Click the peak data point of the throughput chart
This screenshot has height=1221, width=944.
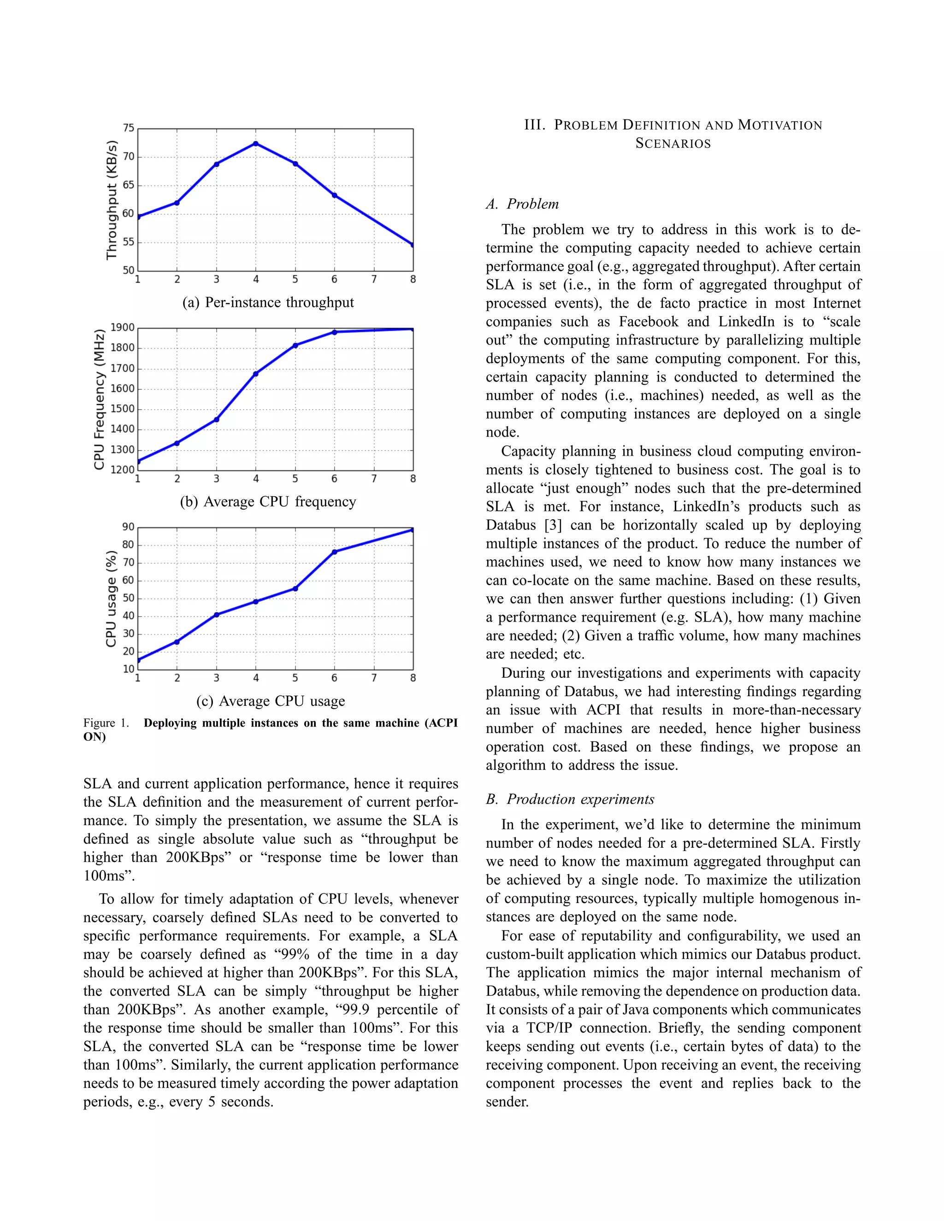(x=255, y=144)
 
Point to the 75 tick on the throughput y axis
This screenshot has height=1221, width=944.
(x=129, y=129)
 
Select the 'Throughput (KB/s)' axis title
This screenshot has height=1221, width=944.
(x=112, y=200)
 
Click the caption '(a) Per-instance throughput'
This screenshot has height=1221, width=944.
(x=268, y=302)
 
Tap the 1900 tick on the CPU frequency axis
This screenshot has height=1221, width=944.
(x=123, y=328)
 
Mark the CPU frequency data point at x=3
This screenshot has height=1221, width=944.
(x=217, y=419)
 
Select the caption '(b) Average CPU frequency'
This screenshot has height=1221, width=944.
(x=268, y=501)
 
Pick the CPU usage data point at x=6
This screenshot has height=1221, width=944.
(x=335, y=552)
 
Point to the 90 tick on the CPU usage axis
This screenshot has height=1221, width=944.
(x=129, y=527)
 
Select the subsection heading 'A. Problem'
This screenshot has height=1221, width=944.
(x=522, y=204)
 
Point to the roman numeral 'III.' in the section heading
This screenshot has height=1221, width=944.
(x=535, y=125)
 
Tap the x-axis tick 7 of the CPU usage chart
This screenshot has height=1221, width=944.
(x=373, y=678)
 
